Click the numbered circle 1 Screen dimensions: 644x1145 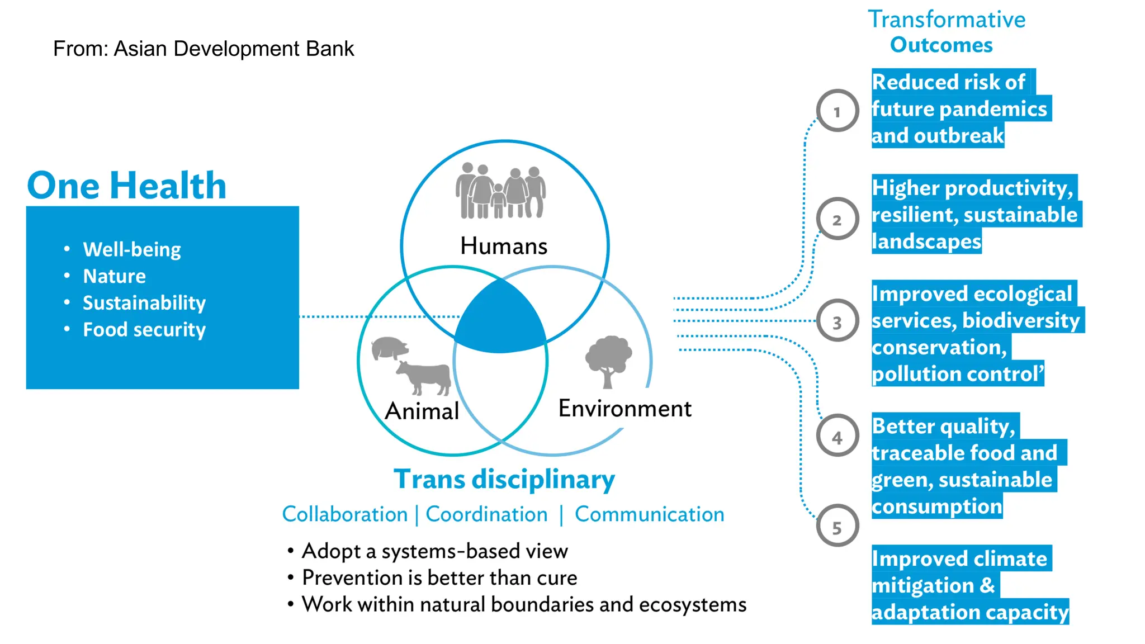pyautogui.click(x=837, y=111)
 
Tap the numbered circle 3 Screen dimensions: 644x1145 pyautogui.click(x=837, y=321)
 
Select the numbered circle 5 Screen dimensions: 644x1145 pyautogui.click(x=837, y=526)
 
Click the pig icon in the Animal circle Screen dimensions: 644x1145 pyautogui.click(x=390, y=347)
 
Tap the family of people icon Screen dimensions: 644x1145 pyautogui.click(x=500, y=191)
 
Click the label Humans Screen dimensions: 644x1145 pyautogui.click(x=504, y=247)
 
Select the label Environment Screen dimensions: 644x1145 pyautogui.click(x=624, y=409)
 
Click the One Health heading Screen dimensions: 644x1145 pyautogui.click(x=127, y=186)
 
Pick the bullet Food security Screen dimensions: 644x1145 pyautogui.click(x=144, y=329)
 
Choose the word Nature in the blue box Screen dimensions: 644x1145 pyautogui.click(x=114, y=276)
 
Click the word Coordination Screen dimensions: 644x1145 pyautogui.click(x=486, y=514)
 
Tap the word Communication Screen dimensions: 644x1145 pyautogui.click(x=649, y=514)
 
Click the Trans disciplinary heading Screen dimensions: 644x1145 pyautogui.click(x=504, y=480)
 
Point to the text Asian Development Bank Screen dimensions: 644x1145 pyautogui.click(x=234, y=49)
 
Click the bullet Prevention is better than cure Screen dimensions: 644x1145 pyautogui.click(x=439, y=577)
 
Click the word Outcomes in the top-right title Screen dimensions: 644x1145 pyautogui.click(x=941, y=45)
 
